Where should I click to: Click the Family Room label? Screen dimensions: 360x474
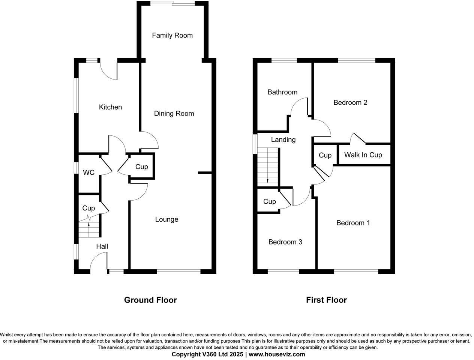[x=172, y=35]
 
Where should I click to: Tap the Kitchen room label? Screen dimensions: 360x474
[x=110, y=107]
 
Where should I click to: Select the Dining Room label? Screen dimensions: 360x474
[x=174, y=113]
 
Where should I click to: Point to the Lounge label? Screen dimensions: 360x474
[x=166, y=219]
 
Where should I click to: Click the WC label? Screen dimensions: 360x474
[x=88, y=172]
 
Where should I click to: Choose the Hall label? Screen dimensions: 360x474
[x=102, y=246]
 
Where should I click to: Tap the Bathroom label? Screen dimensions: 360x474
[x=282, y=92]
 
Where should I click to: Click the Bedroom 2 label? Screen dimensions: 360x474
[x=350, y=102]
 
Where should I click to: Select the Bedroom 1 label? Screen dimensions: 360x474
[x=353, y=223]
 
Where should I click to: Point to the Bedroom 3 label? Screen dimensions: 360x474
[x=285, y=242]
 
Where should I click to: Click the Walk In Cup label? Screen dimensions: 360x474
[x=363, y=155]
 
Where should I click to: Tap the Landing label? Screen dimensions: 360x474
[x=283, y=139]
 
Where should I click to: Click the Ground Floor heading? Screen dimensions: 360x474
[x=150, y=300]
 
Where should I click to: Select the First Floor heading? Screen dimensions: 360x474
[x=326, y=300]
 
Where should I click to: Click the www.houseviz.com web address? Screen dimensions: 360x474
[x=277, y=354]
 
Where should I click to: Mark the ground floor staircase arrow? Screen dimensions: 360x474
[x=89, y=225]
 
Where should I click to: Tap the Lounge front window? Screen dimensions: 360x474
[x=178, y=271]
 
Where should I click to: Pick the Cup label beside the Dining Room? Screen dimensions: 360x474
[x=141, y=167]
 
